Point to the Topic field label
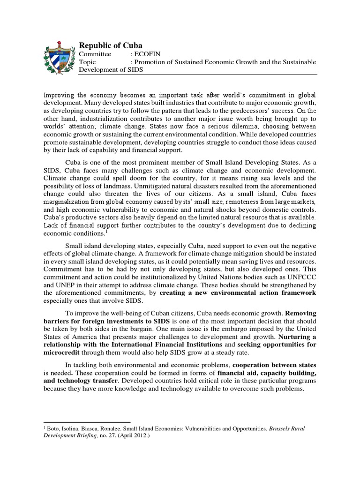[88, 62]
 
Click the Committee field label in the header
[95, 54]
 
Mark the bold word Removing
[301, 312]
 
